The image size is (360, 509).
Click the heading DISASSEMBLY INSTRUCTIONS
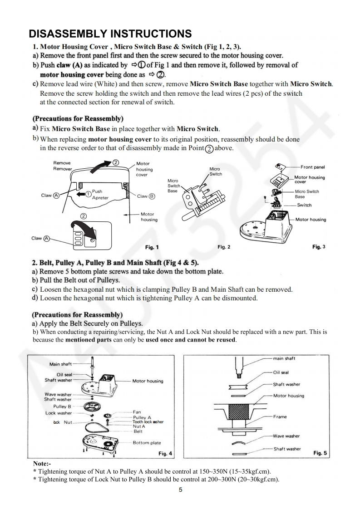click(x=110, y=34)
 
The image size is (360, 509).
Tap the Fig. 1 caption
click(x=152, y=247)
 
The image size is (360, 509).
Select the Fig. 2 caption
click(x=224, y=247)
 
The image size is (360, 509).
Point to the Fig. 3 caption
click(x=319, y=247)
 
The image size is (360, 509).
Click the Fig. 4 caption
click(x=165, y=453)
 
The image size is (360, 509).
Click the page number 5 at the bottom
click(x=180, y=490)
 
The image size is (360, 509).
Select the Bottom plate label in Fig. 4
click(x=147, y=443)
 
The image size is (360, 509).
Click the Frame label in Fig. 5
click(x=280, y=416)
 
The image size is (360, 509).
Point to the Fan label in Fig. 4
click(x=137, y=412)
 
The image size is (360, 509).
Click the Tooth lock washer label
click(x=148, y=422)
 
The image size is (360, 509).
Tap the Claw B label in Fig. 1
click(x=146, y=196)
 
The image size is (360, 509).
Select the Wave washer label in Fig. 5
click(x=286, y=436)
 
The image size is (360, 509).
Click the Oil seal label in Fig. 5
click(x=281, y=373)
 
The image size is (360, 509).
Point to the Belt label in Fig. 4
click(x=138, y=431)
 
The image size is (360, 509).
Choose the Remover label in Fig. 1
click(x=63, y=168)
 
